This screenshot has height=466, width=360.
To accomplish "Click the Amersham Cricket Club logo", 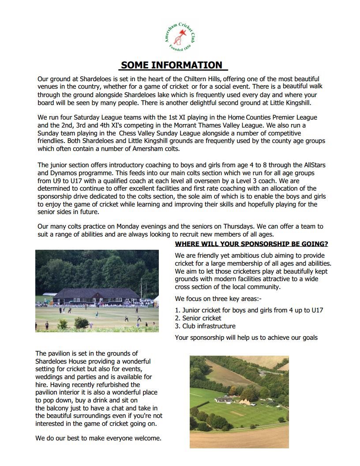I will pos(180,39).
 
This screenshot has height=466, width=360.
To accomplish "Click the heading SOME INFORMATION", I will pos(172,65).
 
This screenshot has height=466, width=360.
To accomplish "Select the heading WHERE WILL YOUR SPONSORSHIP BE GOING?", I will pos(251,244).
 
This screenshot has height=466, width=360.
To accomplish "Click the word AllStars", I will pos(313,165).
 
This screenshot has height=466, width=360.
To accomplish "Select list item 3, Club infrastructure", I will pos(205,326).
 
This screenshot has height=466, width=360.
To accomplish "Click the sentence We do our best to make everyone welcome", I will pos(98,438).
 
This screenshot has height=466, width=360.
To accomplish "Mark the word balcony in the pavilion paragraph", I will pos(60,400).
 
